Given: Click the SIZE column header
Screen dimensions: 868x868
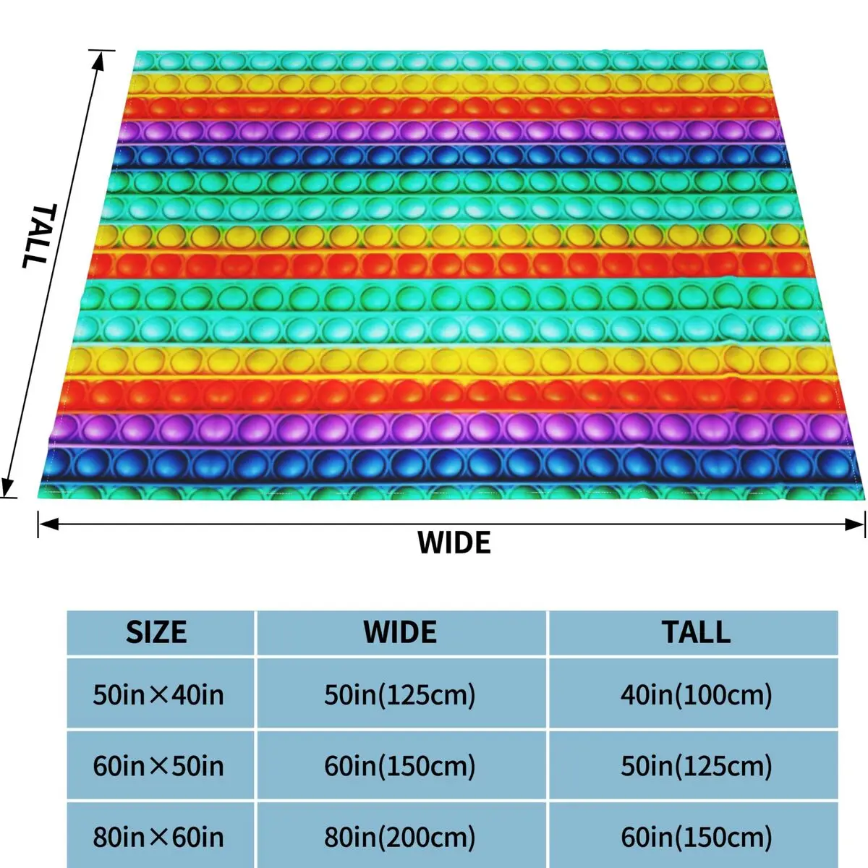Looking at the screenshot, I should (156, 631).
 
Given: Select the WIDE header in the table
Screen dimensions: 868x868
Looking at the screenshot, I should (400, 631).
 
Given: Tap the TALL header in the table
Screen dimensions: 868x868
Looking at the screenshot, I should (696, 631).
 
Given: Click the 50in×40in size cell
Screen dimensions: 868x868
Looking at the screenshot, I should (158, 695).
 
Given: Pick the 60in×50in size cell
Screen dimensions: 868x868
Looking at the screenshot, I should (158, 765).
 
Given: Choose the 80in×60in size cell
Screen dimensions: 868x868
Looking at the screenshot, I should (158, 837).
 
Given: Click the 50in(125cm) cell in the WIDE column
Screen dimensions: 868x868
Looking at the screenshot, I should (400, 695).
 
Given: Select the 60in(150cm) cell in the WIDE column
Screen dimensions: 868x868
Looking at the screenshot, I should (400, 765).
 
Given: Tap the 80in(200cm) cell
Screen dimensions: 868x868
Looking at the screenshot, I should (400, 837).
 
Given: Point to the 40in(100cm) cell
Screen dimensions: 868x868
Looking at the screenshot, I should (696, 695).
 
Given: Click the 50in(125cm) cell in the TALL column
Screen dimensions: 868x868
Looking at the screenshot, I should (696, 765).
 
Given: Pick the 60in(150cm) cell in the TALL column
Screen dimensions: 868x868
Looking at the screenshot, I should (696, 837).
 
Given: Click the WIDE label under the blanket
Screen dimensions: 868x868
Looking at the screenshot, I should (454, 542).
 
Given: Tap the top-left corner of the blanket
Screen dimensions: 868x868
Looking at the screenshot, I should (137, 53).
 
